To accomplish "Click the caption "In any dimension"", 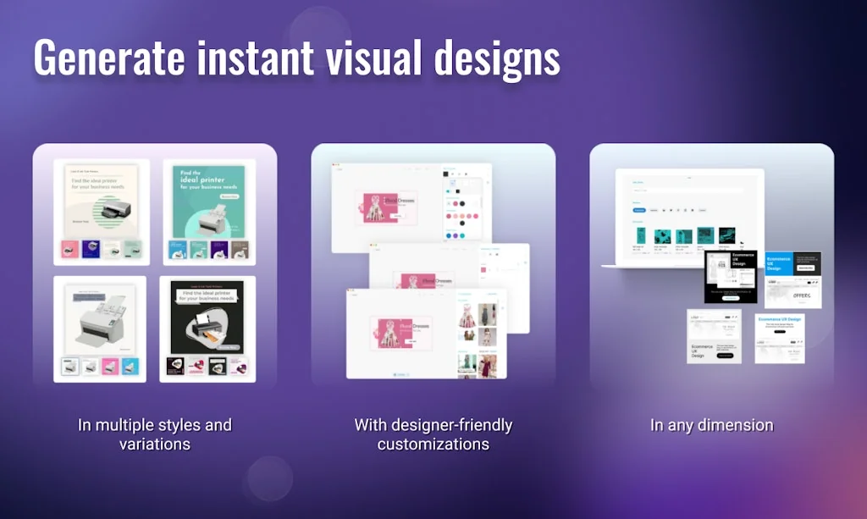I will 711,425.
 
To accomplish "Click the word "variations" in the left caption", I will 154,444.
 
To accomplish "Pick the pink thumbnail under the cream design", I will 69,250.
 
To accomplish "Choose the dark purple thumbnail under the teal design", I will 218,250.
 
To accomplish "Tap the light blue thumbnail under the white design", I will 130,367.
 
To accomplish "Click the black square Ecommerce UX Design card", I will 731,276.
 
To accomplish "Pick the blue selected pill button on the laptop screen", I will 639,209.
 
